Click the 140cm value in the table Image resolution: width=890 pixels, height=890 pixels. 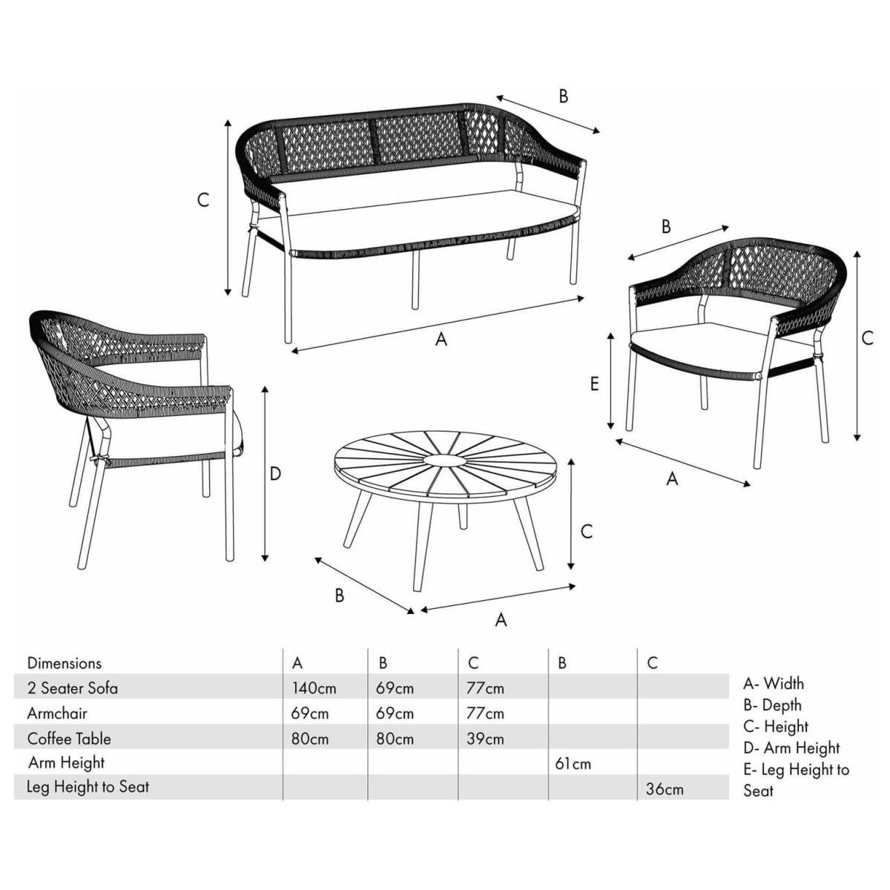point(314,688)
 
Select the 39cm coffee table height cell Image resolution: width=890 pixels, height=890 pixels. point(485,739)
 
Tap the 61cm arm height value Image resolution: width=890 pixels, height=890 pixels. point(573,764)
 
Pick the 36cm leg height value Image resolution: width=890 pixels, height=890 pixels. point(665,789)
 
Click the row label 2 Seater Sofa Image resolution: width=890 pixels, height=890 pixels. point(73,688)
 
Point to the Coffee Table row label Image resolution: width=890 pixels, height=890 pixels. point(69,739)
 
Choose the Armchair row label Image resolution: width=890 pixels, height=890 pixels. point(57,713)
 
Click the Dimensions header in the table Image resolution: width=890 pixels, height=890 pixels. point(65,663)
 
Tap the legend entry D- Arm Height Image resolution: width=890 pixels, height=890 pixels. point(791,748)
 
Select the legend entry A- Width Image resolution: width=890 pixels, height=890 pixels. point(774,684)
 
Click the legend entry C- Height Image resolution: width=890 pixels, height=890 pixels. point(776,727)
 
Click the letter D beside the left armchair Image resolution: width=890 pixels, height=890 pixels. point(275,474)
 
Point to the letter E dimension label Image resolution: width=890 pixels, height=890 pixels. point(595,383)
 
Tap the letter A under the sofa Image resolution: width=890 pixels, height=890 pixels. point(441,340)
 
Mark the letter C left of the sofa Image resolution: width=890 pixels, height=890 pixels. point(203,200)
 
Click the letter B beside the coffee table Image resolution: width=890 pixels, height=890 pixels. point(340,596)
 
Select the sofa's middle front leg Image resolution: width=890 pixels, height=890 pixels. point(415,280)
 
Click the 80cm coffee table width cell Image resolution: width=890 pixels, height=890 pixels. point(310,739)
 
